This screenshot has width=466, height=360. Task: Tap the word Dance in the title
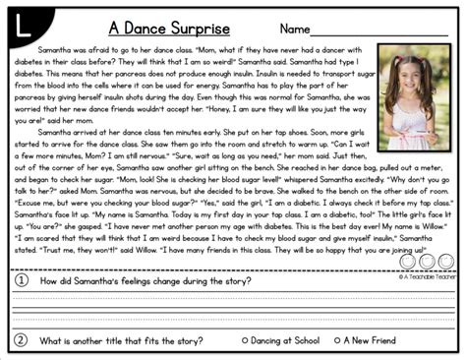click(x=152, y=28)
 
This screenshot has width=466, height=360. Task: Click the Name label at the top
click(x=300, y=28)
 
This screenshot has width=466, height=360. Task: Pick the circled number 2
click(x=21, y=340)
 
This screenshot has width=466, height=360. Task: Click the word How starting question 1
click(x=50, y=281)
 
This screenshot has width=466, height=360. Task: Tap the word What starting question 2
click(x=52, y=340)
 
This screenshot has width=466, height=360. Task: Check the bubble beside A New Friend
click(x=336, y=340)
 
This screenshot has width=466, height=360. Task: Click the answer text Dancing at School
click(x=285, y=340)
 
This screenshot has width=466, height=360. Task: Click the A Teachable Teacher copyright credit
click(x=427, y=276)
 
